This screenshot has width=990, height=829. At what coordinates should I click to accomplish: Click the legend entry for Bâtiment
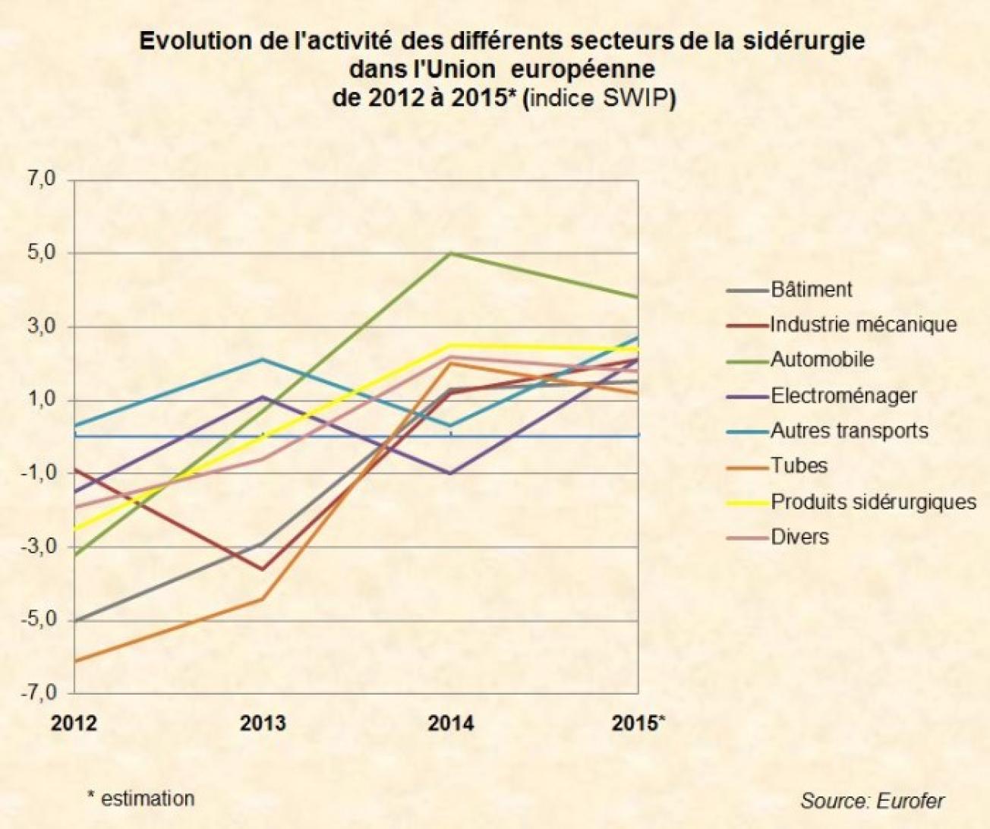(811, 289)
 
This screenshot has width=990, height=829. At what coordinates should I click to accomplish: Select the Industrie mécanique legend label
(862, 325)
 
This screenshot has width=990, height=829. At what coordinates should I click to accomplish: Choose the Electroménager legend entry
(843, 396)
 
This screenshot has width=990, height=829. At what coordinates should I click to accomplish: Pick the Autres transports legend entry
(849, 431)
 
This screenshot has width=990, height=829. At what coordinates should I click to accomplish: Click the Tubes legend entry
(799, 465)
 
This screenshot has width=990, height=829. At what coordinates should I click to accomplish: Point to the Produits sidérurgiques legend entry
(873, 502)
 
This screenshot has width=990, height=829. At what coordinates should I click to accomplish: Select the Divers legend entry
(799, 537)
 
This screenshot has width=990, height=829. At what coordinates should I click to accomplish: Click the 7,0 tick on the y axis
(42, 180)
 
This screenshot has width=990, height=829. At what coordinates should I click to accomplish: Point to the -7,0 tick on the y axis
(39, 693)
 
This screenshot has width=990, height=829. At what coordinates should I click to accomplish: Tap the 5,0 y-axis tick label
(42, 253)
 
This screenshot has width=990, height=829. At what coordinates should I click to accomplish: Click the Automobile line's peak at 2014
(451, 253)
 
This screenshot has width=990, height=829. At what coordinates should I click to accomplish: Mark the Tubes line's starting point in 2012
(74, 661)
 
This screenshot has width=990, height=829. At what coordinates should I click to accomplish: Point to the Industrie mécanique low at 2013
(263, 569)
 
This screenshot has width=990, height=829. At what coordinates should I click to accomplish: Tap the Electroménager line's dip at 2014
(451, 474)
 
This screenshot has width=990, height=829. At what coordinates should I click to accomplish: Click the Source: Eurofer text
(872, 801)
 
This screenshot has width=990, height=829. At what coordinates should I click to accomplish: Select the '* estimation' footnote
(140, 798)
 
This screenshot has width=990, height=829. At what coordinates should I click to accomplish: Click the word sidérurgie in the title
(808, 40)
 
